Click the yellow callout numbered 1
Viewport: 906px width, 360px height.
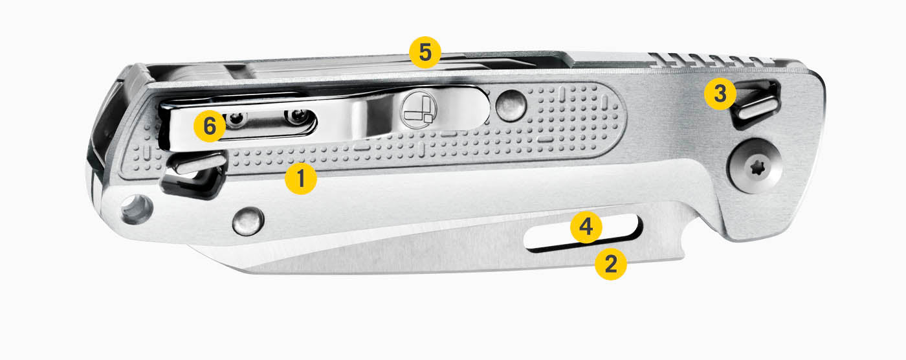tap(300, 179)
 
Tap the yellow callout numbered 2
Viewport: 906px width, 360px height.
tap(610, 264)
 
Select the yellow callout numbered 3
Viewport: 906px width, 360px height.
tap(720, 94)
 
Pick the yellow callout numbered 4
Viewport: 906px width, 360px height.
tap(586, 227)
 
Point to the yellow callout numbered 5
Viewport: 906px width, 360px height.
tap(425, 52)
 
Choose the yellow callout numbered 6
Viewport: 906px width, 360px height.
tap(210, 126)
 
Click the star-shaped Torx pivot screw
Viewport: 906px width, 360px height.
tap(755, 166)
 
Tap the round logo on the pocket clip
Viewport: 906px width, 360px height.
tap(418, 109)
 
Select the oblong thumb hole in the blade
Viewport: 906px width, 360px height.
tap(582, 233)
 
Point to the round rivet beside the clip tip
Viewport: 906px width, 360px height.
tap(511, 106)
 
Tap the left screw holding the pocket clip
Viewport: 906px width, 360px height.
tap(237, 118)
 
